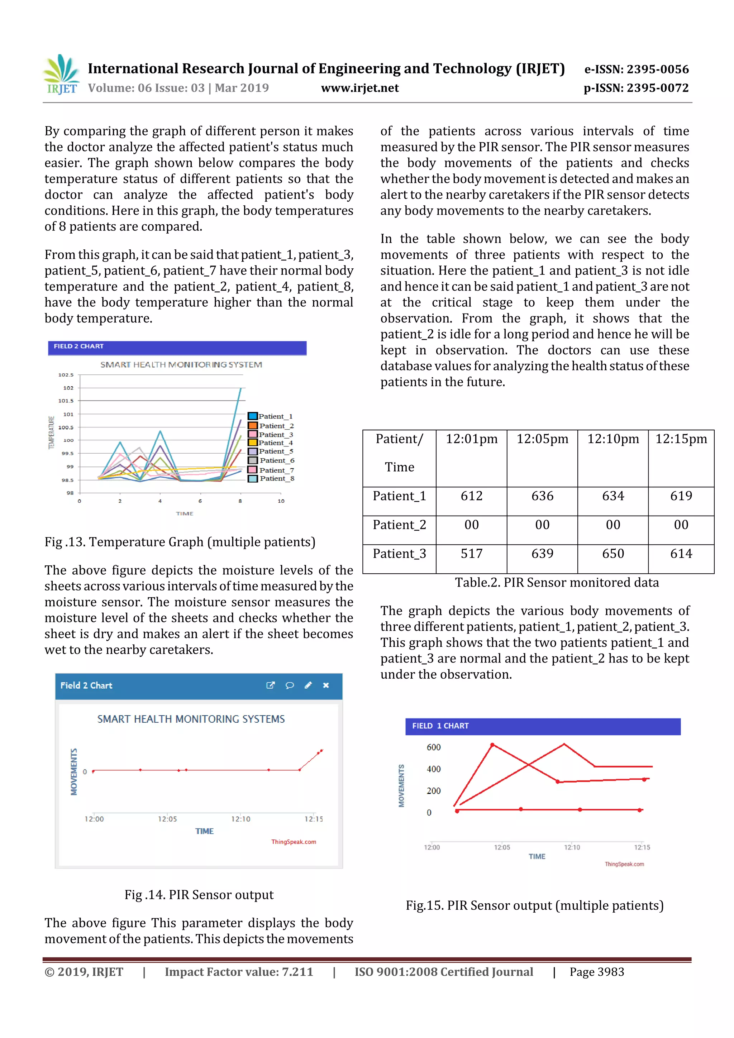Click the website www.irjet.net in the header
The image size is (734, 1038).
tap(359, 88)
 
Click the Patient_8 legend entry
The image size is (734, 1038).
tap(271, 478)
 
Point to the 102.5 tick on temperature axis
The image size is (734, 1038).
tap(66, 375)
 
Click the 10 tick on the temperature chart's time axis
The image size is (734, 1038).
tap(281, 501)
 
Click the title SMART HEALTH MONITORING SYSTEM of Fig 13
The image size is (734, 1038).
tap(181, 364)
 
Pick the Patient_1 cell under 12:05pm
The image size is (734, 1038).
tap(542, 496)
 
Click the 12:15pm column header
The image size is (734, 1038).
tap(681, 439)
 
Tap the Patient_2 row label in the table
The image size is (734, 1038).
tap(399, 525)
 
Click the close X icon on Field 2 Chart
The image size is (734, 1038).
tap(326, 685)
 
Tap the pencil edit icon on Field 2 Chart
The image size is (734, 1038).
tap(308, 685)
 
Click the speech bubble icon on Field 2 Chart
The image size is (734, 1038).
tap(290, 685)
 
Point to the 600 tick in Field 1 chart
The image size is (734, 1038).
tap(433, 747)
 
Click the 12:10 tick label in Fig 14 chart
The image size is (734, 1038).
tap(240, 819)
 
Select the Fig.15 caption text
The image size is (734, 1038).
tap(535, 905)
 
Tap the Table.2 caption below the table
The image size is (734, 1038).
tap(556, 582)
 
